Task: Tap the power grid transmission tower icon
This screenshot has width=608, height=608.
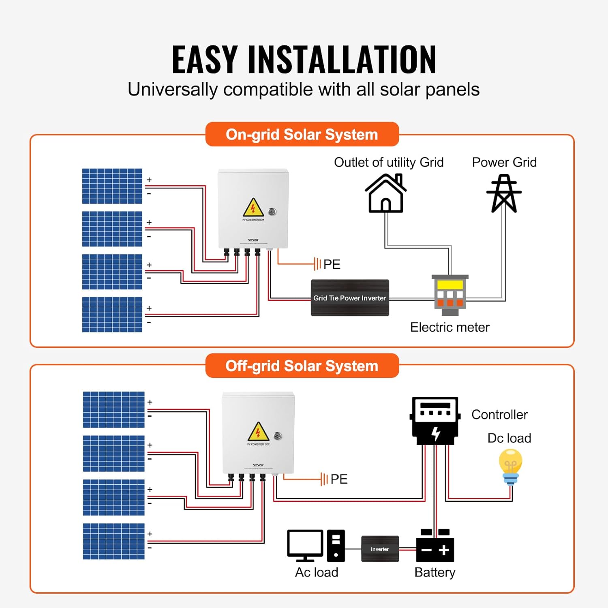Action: (x=504, y=194)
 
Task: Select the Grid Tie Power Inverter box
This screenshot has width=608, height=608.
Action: (x=350, y=298)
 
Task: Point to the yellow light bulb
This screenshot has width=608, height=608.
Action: (x=510, y=466)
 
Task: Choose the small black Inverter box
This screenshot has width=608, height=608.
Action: (x=380, y=549)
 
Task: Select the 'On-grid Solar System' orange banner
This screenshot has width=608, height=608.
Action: (x=302, y=135)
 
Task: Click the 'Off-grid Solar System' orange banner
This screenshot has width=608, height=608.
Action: (x=302, y=366)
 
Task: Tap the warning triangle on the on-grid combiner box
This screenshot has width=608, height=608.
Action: (x=253, y=208)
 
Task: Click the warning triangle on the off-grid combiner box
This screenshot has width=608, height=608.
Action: (x=258, y=432)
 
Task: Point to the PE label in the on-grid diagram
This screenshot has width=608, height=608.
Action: (x=332, y=265)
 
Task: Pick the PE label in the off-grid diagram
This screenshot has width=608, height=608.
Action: (x=339, y=479)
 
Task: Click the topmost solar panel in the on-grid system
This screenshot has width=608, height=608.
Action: (x=112, y=186)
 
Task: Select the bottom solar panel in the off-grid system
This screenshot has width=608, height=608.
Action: (x=114, y=541)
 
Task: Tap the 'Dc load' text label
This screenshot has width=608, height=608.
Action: (x=509, y=438)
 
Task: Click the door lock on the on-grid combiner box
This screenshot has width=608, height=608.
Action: (x=272, y=211)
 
